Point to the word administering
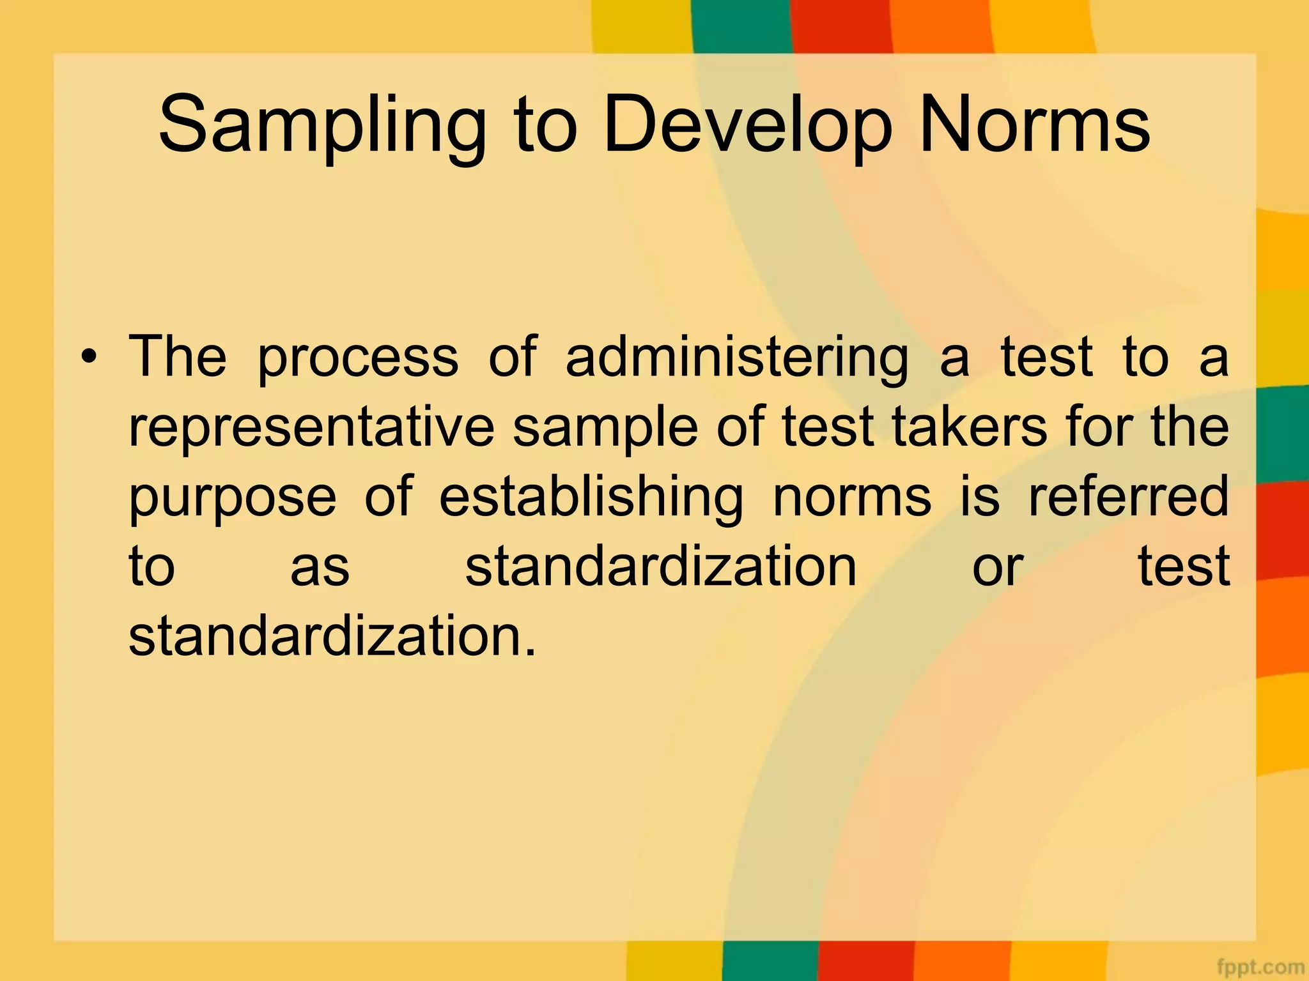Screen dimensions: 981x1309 (736, 358)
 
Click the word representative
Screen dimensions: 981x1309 (311, 428)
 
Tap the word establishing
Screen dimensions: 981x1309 (591, 498)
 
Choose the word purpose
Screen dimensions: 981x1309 (233, 499)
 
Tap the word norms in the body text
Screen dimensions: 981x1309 (852, 498)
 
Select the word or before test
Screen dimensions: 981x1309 (997, 567)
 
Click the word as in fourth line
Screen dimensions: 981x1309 (320, 567)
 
